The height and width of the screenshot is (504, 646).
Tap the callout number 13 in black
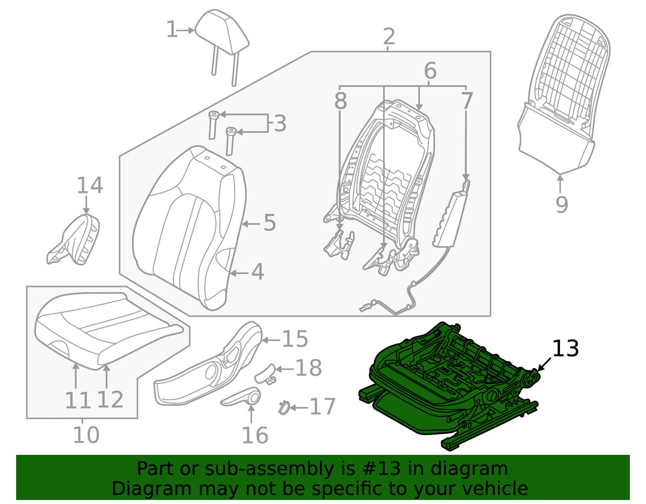click(565, 349)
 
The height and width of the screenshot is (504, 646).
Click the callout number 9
click(562, 205)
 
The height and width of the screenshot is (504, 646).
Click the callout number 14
click(90, 186)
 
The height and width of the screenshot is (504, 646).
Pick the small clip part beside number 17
click(284, 408)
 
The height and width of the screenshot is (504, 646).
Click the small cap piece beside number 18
click(265, 374)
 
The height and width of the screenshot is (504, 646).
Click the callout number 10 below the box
click(86, 435)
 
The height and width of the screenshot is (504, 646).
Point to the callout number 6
click(430, 71)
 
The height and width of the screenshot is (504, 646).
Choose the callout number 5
click(270, 223)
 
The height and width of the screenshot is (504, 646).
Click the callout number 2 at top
click(388, 37)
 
